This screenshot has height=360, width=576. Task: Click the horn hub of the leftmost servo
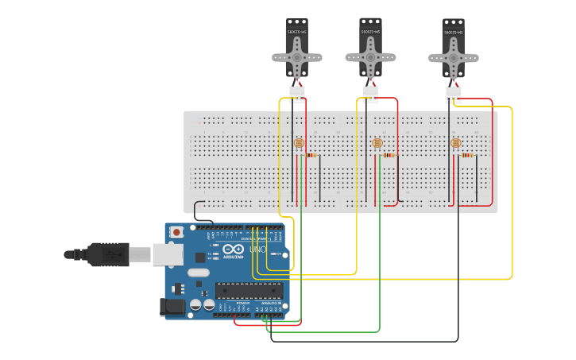296,57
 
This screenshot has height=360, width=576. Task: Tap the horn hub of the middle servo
370,56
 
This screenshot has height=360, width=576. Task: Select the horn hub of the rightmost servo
453,58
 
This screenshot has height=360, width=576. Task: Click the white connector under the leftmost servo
296,94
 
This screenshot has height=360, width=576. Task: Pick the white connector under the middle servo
370,94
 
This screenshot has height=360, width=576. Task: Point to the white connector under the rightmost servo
454,95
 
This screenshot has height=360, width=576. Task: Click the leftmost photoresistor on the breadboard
299,143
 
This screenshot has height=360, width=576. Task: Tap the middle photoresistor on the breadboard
377,143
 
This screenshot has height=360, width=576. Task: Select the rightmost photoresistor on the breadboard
455,143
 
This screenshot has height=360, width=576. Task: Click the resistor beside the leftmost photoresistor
311,155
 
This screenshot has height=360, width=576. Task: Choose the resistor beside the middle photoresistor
389,155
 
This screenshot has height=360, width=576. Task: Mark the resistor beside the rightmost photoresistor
467,155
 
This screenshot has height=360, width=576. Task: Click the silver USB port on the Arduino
168,254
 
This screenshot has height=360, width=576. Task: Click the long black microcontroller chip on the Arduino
249,290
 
